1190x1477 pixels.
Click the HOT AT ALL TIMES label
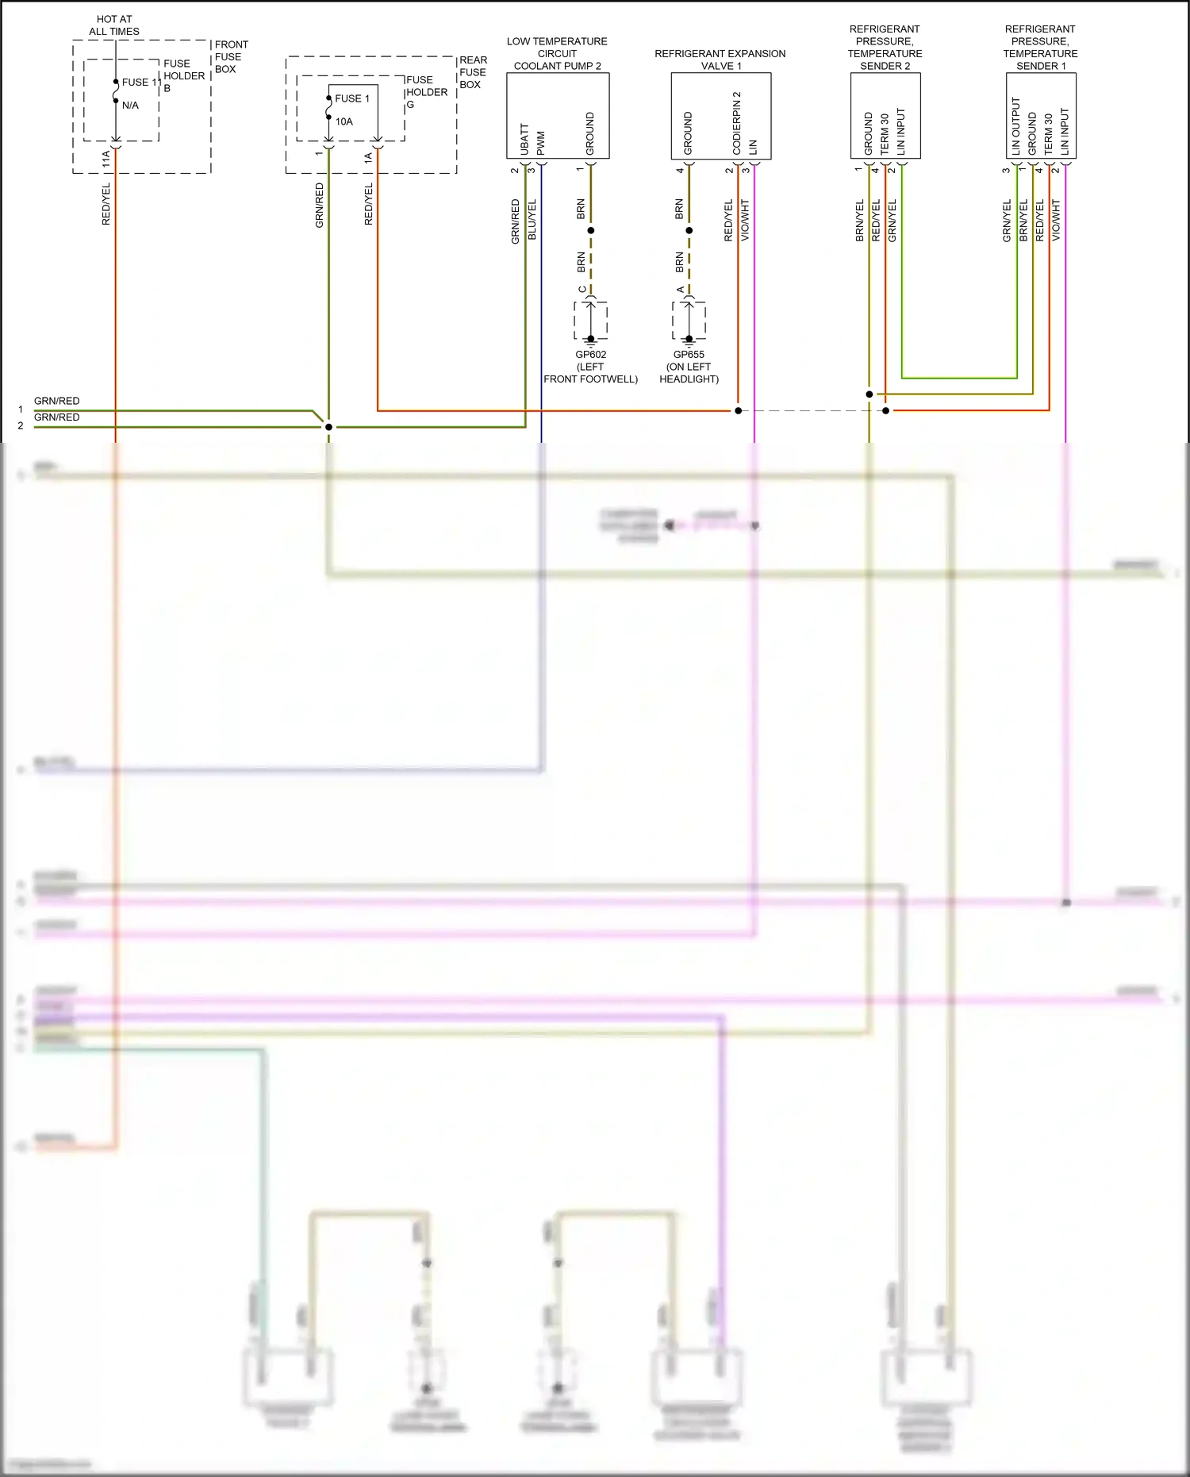tap(114, 25)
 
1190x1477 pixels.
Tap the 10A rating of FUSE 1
tap(344, 121)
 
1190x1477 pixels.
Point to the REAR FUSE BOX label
tap(473, 72)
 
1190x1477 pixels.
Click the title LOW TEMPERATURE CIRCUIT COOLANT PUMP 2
tap(557, 53)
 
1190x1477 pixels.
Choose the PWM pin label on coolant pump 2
tap(541, 143)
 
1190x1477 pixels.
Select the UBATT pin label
tap(524, 139)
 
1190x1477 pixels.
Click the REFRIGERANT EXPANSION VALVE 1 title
tap(720, 60)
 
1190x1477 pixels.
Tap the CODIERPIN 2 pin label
tap(737, 123)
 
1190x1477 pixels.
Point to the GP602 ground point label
tap(590, 355)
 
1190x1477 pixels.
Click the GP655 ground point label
tap(689, 355)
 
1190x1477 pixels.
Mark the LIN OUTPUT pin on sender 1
tap(1016, 125)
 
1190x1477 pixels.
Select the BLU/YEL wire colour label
tap(532, 219)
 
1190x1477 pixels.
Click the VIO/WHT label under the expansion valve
tap(745, 220)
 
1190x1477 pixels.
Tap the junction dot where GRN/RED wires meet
tap(328, 427)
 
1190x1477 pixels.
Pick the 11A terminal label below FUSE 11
tap(106, 160)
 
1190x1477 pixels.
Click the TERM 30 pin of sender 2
tap(885, 133)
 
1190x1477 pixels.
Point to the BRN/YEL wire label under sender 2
tap(859, 221)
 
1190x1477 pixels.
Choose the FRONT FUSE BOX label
tap(231, 56)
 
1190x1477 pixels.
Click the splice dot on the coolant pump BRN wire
tap(590, 231)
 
